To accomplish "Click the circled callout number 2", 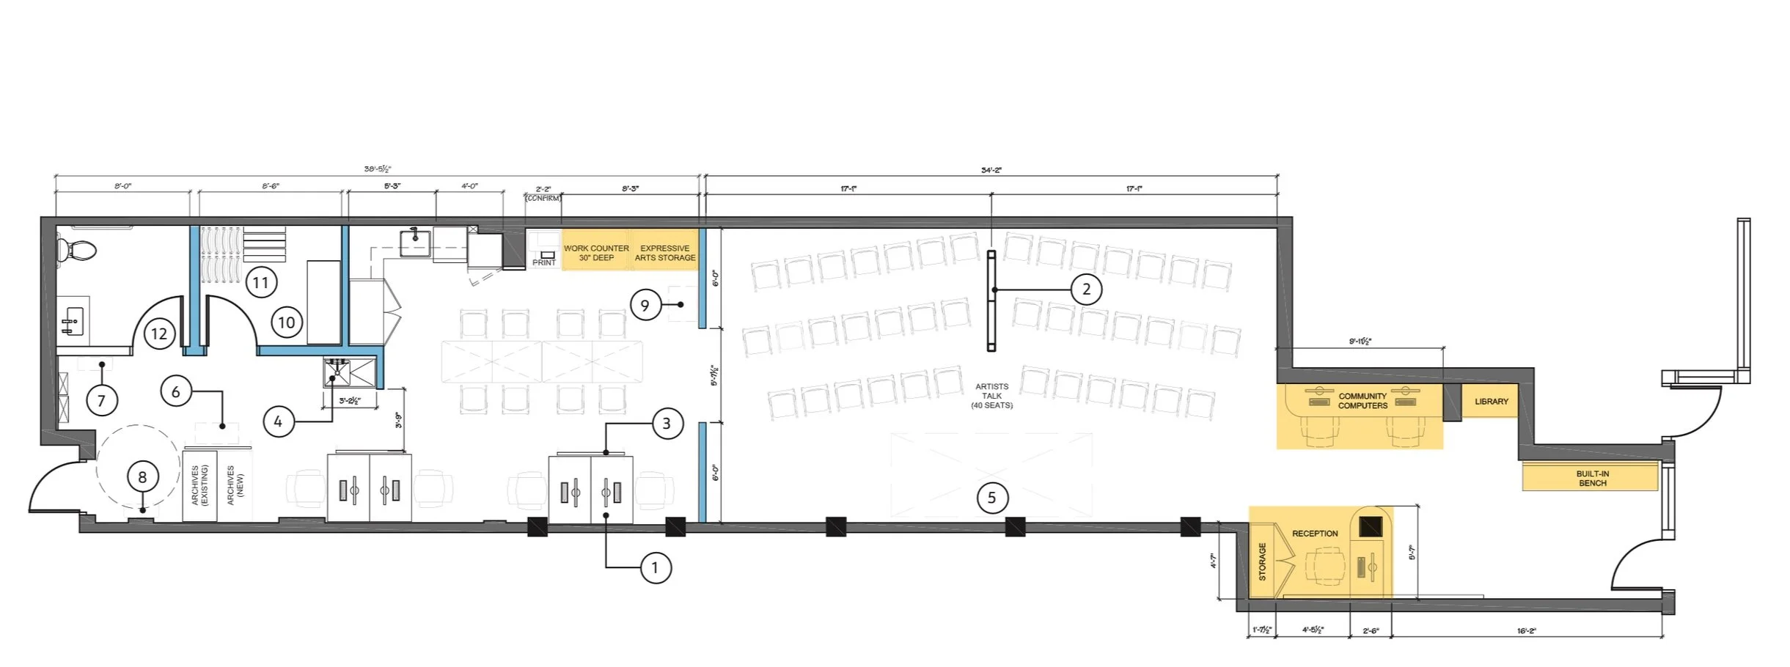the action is pos(1086,290).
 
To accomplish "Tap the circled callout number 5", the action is pos(991,498).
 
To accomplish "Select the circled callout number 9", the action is pos(645,305).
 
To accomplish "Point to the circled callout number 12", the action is pos(159,334).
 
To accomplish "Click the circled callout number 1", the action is pos(655,568).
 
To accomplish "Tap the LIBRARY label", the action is pos(1491,402).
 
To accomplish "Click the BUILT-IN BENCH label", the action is pos(1592,479).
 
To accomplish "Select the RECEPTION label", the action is pos(1315,534).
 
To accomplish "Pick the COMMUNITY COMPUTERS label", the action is pos(1362,401).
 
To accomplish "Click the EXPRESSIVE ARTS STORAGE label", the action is pos(665,253).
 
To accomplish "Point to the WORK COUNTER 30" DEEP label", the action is pos(596,253).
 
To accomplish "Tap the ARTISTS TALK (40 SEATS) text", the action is pos(991,396).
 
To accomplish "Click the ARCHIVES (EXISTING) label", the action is pos(199,485).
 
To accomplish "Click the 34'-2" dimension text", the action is pos(991,170).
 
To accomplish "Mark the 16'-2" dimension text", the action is pos(1526,630).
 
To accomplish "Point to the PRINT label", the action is pos(544,262).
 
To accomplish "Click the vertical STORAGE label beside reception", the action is pos(1262,561).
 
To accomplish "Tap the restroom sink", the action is pos(73,321).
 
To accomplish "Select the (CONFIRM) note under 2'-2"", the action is pos(543,198).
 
